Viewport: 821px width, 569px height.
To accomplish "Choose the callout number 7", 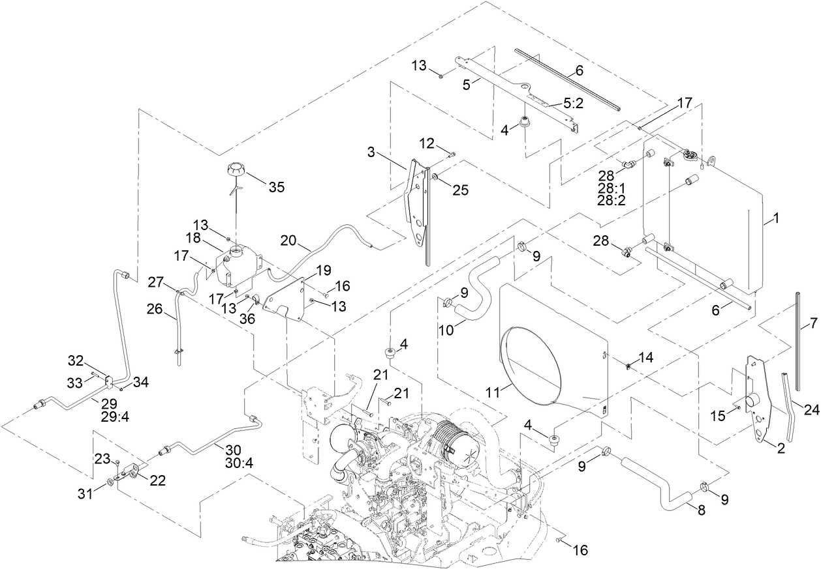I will coord(813,323).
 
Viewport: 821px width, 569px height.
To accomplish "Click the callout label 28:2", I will coord(612,201).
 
